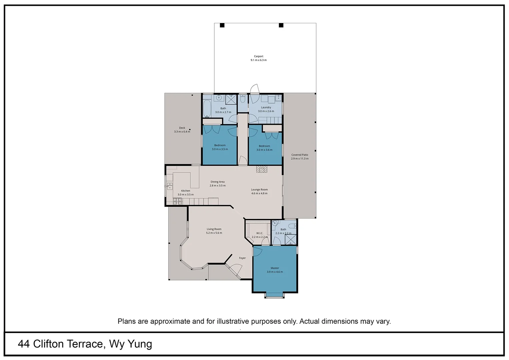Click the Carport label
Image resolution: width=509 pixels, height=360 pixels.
tap(258, 56)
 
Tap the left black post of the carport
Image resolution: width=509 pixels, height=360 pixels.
tap(222, 25)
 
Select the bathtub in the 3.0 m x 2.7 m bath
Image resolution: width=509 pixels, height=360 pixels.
tap(207, 109)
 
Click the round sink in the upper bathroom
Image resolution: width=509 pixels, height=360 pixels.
tap(219, 98)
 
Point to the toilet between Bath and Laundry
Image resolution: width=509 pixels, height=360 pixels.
tap(243, 99)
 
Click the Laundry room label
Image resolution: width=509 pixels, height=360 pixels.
tap(266, 107)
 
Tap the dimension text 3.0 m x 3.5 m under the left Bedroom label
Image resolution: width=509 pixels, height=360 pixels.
tap(220, 149)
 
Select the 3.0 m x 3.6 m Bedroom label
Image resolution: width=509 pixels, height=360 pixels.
tap(264, 146)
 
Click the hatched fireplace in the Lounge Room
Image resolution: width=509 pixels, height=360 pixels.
tap(262, 169)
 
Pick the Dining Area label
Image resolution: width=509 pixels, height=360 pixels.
tap(218, 182)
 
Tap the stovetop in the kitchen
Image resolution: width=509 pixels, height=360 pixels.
tap(177, 201)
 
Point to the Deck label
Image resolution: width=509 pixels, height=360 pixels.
tap(182, 128)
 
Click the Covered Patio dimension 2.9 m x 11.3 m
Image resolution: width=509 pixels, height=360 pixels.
tap(299, 159)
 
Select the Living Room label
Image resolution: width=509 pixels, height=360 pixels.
tap(214, 229)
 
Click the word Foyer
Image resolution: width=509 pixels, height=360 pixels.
tap(242, 258)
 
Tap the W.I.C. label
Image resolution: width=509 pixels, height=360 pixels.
tap(259, 233)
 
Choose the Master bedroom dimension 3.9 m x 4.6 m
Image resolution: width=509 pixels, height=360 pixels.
tap(274, 272)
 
